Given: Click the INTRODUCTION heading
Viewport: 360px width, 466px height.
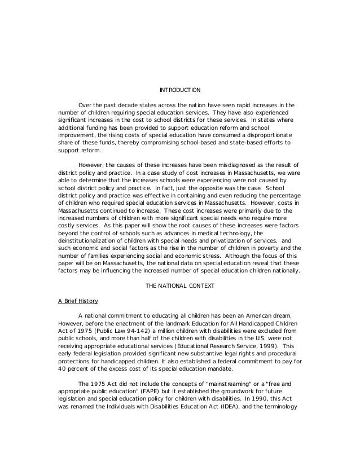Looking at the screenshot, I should coord(179,90).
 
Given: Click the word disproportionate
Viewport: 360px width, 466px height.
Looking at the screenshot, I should coord(265,135).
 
